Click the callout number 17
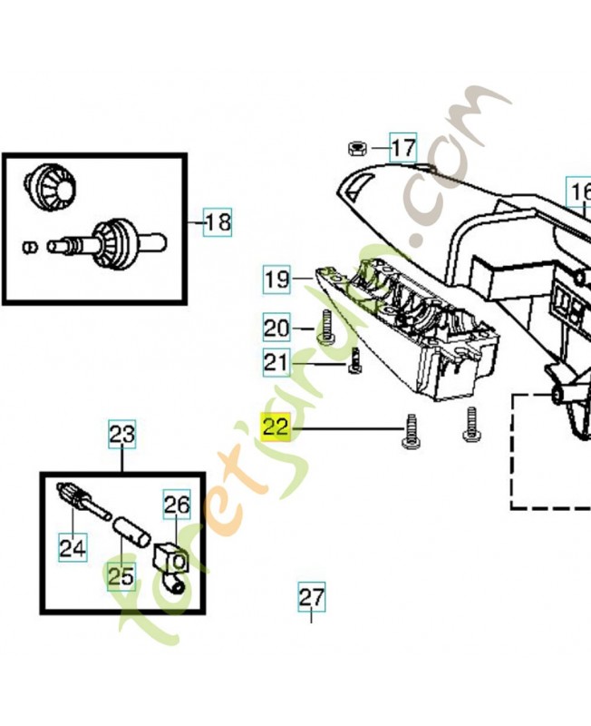coord(403,148)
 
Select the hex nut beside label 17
coord(357,149)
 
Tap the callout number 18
coord(218,222)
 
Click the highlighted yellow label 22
coord(276,427)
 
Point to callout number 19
coord(277,280)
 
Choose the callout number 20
coord(276,328)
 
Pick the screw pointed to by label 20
coord(327,327)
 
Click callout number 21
coord(276,362)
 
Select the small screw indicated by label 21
coord(354,360)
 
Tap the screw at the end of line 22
coord(411,431)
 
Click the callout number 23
coord(122,435)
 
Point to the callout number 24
coord(73,547)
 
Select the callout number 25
coord(121,576)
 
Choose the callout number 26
coord(177,505)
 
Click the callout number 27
coord(311,597)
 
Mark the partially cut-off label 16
coord(579,191)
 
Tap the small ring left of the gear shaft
coord(31,247)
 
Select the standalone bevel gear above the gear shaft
coord(51,187)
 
